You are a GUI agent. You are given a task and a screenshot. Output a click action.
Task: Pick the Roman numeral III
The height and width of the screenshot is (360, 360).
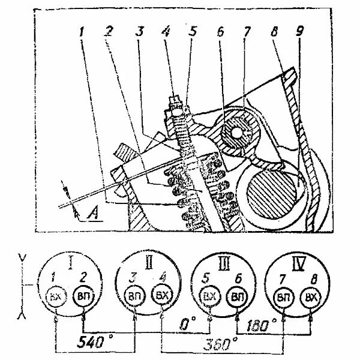click(x=223, y=263)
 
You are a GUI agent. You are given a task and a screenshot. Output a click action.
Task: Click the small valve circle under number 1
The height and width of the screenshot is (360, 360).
click(x=56, y=298)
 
